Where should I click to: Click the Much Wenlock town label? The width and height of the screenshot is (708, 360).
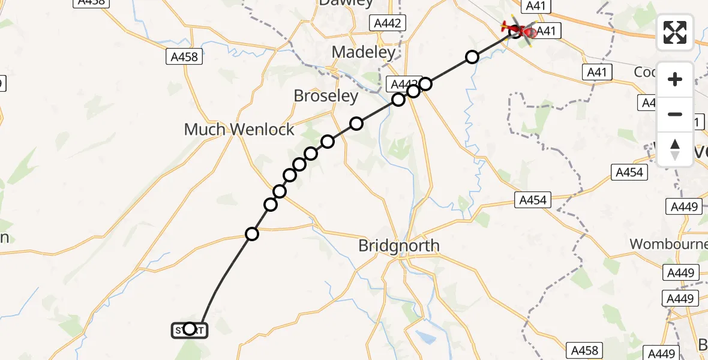pos(239,129)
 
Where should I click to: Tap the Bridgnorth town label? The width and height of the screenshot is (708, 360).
pos(398,245)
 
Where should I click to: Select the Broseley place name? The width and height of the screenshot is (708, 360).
pos(326,95)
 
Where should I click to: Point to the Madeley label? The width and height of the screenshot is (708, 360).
pos(364,52)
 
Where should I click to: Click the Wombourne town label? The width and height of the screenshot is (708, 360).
pos(668,244)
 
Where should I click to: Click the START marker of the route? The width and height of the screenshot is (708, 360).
pos(190,329)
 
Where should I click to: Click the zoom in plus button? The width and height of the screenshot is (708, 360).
pos(675,79)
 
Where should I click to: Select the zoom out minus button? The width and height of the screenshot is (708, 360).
pos(675,114)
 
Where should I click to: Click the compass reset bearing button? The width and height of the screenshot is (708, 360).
pos(675,149)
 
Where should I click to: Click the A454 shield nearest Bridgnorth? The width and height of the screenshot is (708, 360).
pos(532,200)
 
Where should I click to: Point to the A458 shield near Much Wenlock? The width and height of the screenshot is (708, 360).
pos(184,57)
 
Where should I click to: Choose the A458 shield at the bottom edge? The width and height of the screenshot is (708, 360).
pos(584,350)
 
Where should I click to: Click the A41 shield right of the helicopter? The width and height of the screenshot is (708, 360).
pos(545,31)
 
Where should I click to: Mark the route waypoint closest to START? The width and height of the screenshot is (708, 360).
pos(252,234)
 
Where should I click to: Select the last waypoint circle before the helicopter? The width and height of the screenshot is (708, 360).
pos(472,57)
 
